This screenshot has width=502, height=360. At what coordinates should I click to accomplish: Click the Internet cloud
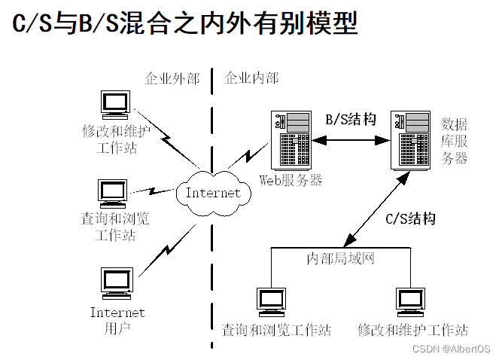[213, 193]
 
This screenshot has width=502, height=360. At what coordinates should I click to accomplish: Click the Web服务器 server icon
[292, 140]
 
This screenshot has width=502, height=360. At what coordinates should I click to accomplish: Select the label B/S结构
[350, 119]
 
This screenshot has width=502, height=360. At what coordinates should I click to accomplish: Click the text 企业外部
[172, 78]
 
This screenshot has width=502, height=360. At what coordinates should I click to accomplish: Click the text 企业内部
[252, 78]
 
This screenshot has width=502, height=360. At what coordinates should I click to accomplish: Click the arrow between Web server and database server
[351, 140]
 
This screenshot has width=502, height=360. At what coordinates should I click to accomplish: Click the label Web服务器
[291, 180]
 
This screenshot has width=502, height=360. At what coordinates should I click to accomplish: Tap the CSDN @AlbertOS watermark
[451, 349]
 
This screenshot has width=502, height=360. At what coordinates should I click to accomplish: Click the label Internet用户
[117, 320]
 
